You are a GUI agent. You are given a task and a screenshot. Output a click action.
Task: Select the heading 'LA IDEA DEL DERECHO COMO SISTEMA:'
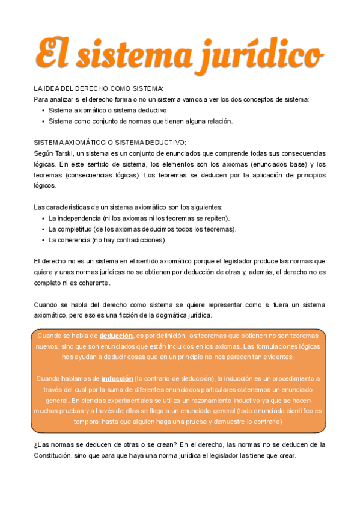pyautogui.click(x=99, y=88)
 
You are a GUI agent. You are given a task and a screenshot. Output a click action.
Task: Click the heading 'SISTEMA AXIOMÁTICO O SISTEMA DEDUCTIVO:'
pyautogui.click(x=111, y=143)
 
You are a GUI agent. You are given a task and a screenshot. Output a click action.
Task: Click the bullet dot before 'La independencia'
pyautogui.click(x=43, y=218)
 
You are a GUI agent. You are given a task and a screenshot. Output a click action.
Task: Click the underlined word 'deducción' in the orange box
pyautogui.click(x=116, y=335)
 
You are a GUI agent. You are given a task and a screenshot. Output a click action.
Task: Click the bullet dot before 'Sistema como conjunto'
pyautogui.click(x=43, y=121)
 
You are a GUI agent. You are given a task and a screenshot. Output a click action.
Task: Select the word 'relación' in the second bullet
pyautogui.click(x=218, y=121)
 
